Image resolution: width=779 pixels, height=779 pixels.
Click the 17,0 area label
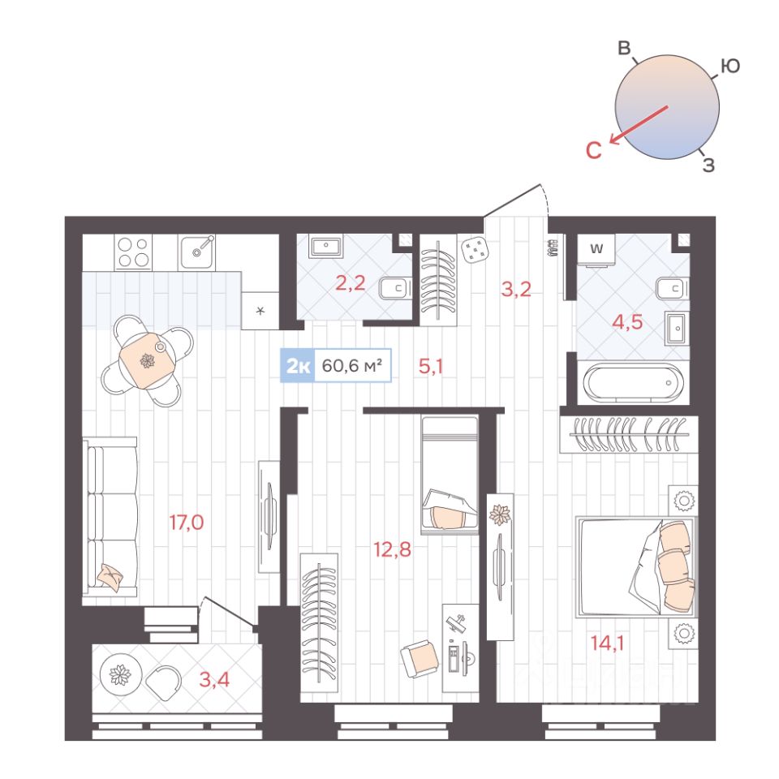click(187, 523)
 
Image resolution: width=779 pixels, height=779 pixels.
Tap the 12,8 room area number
click(392, 549)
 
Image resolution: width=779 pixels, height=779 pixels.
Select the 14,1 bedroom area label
click(607, 643)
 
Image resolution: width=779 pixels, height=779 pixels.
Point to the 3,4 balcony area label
click(214, 679)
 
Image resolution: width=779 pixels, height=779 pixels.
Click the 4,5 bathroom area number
click(627, 322)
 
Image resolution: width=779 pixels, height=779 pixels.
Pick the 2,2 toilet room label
click(351, 283)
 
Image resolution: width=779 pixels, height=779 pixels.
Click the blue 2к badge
click(298, 366)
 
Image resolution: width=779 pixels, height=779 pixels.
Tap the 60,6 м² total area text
click(352, 366)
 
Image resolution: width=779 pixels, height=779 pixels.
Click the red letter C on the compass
click(594, 150)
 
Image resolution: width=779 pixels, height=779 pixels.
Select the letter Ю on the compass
click(730, 66)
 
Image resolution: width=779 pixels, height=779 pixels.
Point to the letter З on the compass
click(709, 165)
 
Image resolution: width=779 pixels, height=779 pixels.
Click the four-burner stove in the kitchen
click(133, 252)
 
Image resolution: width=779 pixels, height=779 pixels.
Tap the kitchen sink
click(197, 252)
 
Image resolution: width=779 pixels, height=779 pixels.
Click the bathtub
click(633, 382)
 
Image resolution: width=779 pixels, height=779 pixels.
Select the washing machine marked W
click(596, 251)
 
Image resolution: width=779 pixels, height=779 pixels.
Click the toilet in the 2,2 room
click(395, 288)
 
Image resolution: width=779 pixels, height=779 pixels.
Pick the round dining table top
click(147, 360)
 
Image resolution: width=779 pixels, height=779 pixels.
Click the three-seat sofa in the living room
click(110, 517)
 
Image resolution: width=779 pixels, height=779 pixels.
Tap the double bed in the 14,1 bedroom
click(636, 567)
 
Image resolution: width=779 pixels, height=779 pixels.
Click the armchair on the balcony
click(163, 682)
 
